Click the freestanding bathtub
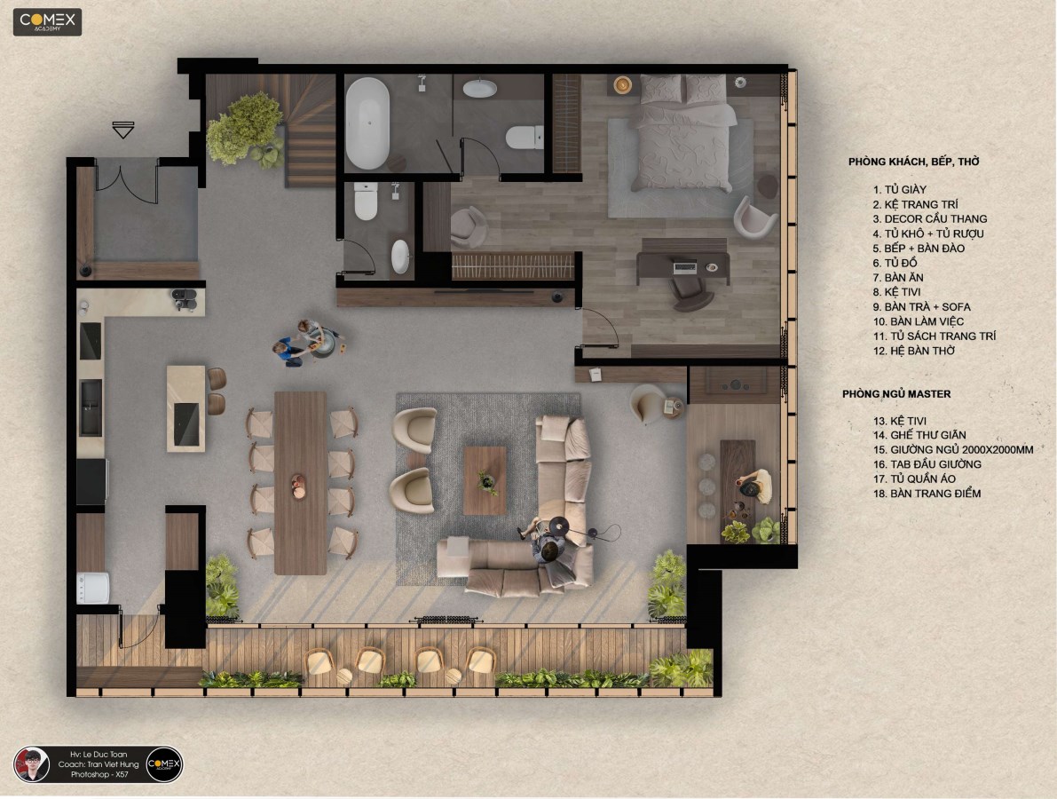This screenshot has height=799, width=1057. tap(367, 123)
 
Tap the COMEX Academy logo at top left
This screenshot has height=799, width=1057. tap(47, 21)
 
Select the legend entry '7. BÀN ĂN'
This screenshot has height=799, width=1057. tap(898, 277)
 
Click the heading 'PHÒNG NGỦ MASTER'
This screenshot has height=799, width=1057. tap(895, 394)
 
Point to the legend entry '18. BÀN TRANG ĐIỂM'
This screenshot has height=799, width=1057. tap(927, 494)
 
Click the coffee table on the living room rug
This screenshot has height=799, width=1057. tap(485, 480)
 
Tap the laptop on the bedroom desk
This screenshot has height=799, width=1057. tap(684, 268)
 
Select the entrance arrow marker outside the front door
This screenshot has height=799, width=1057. tap(122, 130)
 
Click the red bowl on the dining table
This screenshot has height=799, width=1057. tap(298, 487)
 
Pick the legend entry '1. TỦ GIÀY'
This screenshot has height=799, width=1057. tap(899, 189)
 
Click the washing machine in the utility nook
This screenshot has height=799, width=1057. tap(92, 588)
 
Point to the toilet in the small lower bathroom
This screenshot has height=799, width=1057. tap(366, 201)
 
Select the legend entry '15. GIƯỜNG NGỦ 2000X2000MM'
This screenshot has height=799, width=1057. tap(953, 450)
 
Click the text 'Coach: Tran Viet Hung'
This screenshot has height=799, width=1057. tap(99, 764)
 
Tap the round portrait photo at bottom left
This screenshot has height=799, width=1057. tap(32, 764)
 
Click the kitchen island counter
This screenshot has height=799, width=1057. tap(185, 408)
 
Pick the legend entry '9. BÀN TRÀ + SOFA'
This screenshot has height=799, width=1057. tap(921, 307)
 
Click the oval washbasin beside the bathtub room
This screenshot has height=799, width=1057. tap(480, 88)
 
